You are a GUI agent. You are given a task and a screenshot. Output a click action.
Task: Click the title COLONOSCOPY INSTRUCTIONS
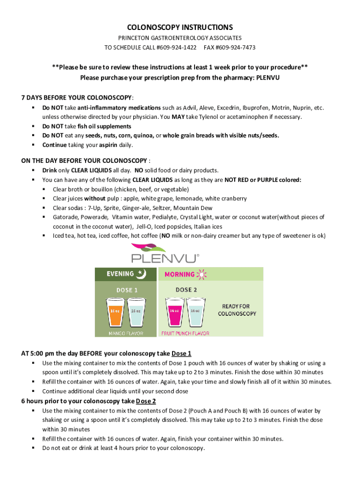point(180,27)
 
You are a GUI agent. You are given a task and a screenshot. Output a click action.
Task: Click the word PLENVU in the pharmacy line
point(268,78)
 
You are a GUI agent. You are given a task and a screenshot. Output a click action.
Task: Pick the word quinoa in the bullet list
point(141,136)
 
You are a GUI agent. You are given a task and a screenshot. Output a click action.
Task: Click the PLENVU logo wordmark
point(165,258)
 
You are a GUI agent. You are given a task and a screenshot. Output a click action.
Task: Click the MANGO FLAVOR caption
point(119,334)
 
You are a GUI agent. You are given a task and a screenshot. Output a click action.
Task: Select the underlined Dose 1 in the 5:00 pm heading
point(181,353)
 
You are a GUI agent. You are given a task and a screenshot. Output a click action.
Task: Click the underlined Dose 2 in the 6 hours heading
point(145,401)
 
